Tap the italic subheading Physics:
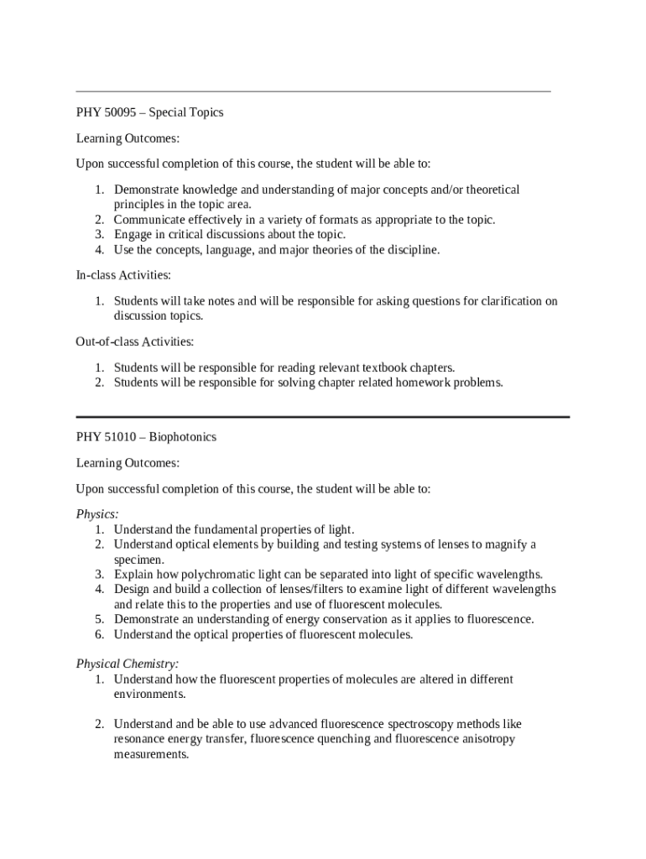coord(97,514)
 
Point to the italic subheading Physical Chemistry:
coord(128,664)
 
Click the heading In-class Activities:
coord(123,275)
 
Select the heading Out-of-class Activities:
coord(135,341)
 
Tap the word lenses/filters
coord(309,590)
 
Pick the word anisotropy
coord(485,739)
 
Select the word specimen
coord(139,560)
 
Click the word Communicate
coord(148,221)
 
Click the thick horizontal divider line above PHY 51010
coord(323,416)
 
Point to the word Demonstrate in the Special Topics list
coord(147,190)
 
